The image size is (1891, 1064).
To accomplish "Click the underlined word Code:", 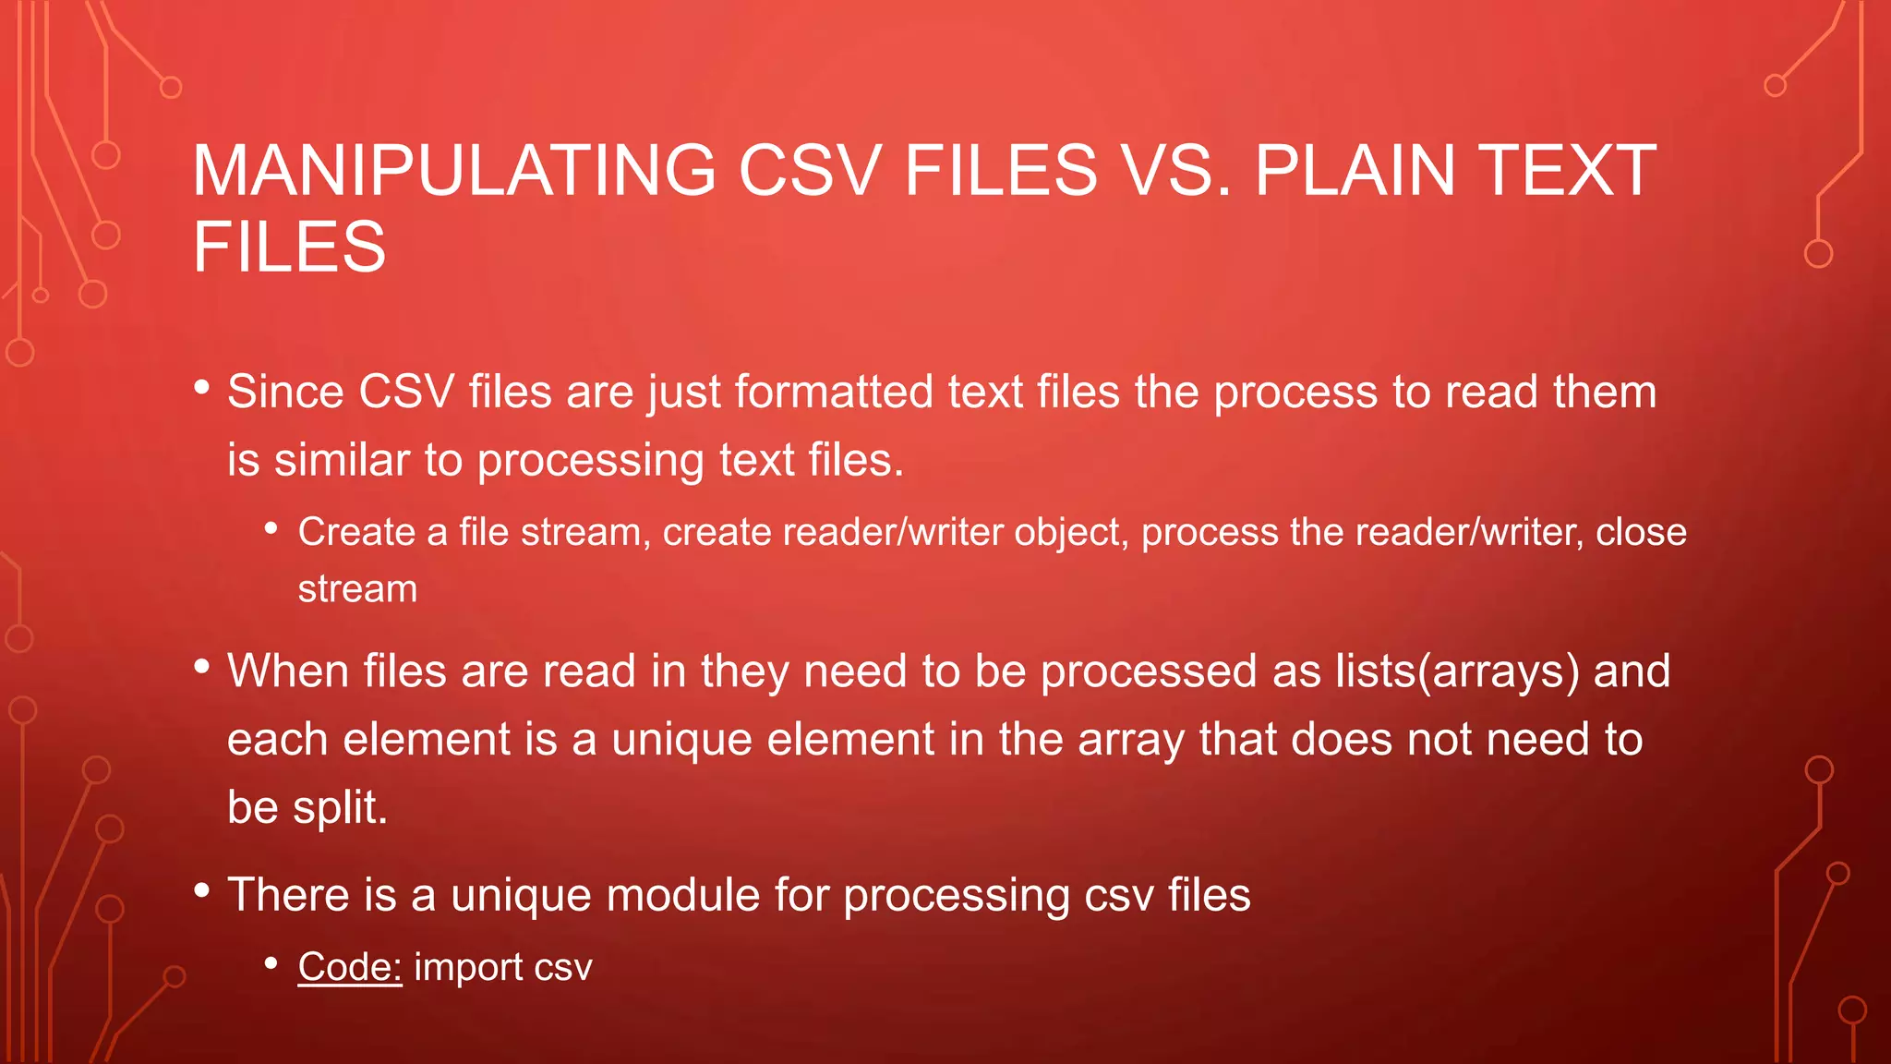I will [x=349, y=967].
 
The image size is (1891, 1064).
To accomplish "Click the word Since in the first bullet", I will [x=285, y=392].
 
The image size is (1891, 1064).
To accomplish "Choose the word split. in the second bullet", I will [x=340, y=807].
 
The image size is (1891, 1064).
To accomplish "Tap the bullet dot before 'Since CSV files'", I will [x=202, y=387].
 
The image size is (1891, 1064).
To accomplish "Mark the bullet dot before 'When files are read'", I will [x=202, y=666].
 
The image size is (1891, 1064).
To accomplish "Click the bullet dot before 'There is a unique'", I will [x=202, y=890].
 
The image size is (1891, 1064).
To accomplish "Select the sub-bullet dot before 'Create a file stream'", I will [x=271, y=528].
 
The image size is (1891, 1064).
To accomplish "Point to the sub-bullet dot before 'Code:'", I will [x=271, y=963].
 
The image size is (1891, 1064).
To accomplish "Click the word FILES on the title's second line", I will [x=289, y=247].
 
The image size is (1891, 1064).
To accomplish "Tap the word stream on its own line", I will [x=357, y=589].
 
